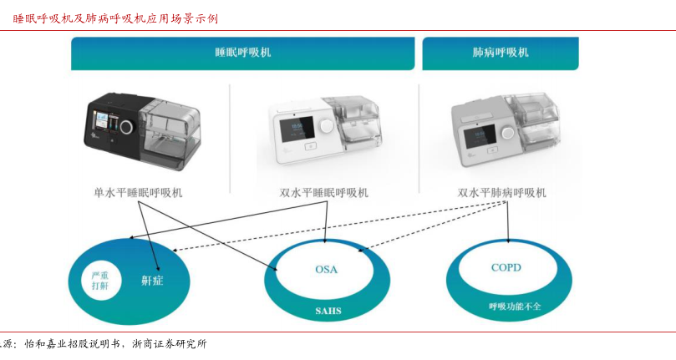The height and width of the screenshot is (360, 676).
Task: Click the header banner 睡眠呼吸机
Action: click(242, 53)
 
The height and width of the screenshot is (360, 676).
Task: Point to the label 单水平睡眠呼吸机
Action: click(138, 193)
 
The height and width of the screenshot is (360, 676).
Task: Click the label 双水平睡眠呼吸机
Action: click(323, 193)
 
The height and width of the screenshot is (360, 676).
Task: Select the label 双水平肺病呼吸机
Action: click(502, 193)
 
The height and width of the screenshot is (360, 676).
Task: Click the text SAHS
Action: click(328, 312)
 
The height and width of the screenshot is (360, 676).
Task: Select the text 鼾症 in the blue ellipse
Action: click(152, 280)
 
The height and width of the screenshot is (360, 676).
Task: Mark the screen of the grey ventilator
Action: click(479, 133)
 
